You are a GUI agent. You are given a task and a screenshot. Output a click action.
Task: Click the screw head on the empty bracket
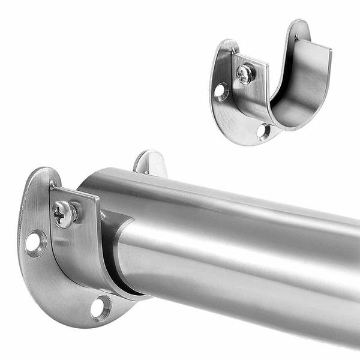(245, 74)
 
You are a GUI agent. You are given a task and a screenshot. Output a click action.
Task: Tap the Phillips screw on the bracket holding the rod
(64, 214)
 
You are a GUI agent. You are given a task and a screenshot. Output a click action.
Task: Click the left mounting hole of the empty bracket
(221, 91)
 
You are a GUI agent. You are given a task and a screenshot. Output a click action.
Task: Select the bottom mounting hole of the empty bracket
(262, 130)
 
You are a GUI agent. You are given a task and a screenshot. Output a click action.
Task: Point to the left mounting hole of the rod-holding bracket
(34, 242)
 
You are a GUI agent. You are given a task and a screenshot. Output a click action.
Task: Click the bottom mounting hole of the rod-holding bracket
(100, 308)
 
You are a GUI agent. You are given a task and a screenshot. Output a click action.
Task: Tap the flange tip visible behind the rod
(150, 162)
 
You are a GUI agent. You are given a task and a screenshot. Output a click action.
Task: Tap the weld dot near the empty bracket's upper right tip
(296, 38)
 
